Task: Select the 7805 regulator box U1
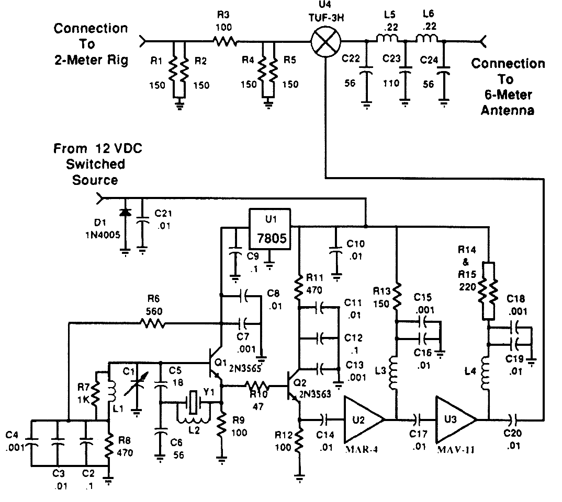coord(270,229)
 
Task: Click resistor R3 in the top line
coord(226,41)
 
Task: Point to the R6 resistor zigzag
coord(153,323)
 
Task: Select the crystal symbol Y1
coord(193,402)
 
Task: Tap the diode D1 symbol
coord(125,213)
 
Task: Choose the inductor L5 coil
coord(387,38)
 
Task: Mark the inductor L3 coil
coord(393,373)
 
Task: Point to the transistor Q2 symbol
coord(294,387)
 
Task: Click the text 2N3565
coord(245,368)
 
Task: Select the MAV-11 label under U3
coord(456,450)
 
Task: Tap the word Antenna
coord(507,110)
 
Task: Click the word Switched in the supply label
coord(95,164)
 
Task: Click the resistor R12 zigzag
coord(300,439)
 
